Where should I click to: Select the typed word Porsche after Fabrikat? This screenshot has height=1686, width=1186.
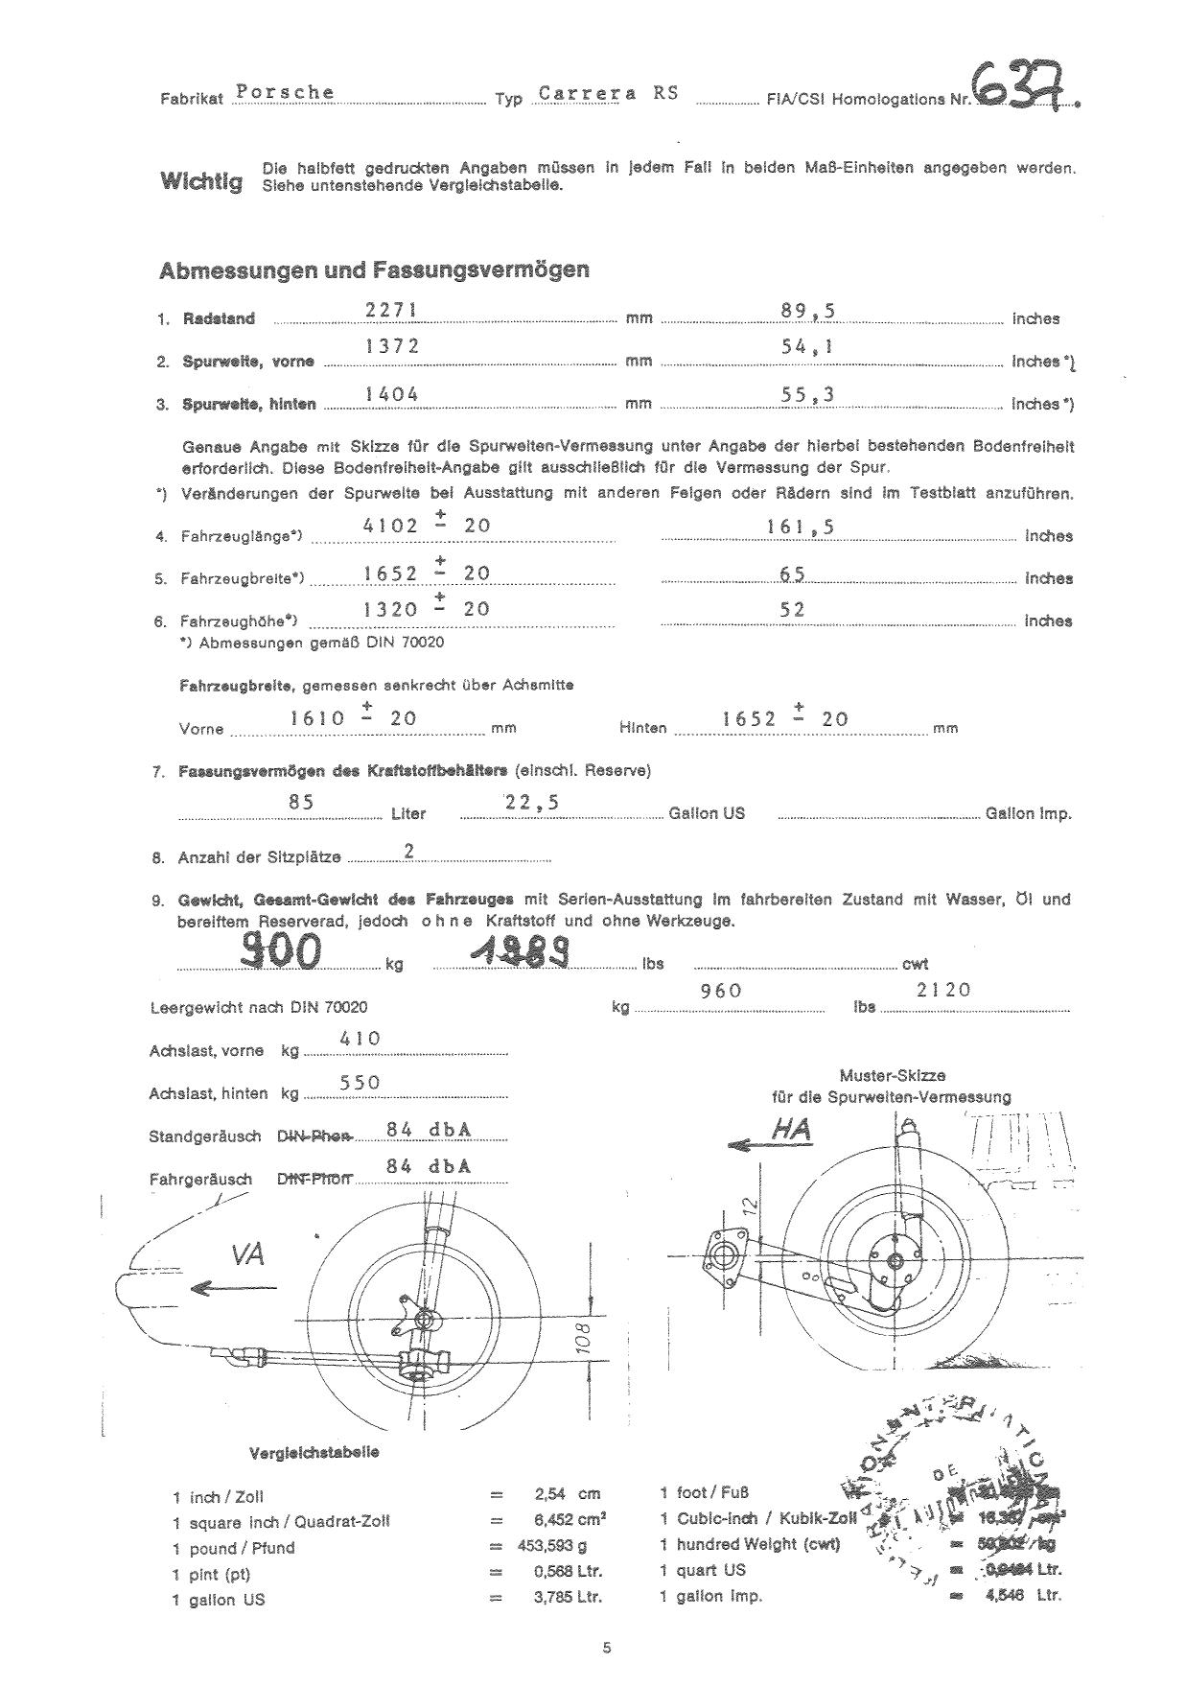(285, 92)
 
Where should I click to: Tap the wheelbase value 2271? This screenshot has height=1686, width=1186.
(393, 309)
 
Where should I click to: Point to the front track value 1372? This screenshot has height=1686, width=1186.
(393, 347)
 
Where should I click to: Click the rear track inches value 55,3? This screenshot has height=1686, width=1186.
(806, 394)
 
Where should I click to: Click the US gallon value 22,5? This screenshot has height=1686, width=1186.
(532, 804)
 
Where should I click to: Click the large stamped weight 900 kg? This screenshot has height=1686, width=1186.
(281, 950)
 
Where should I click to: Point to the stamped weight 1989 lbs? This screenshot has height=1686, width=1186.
(522, 952)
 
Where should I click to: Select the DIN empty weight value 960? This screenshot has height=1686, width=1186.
(721, 991)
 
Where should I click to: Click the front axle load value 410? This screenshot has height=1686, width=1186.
(360, 1039)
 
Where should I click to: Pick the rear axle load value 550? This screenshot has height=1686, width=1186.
(360, 1083)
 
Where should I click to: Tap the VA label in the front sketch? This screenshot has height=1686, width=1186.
(246, 1253)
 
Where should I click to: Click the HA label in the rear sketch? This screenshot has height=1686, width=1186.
(791, 1131)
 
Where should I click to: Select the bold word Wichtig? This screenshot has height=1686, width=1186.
(200, 180)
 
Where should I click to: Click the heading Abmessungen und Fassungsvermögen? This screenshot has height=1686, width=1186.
(374, 270)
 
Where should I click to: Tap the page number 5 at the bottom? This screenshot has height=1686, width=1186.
(606, 1649)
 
